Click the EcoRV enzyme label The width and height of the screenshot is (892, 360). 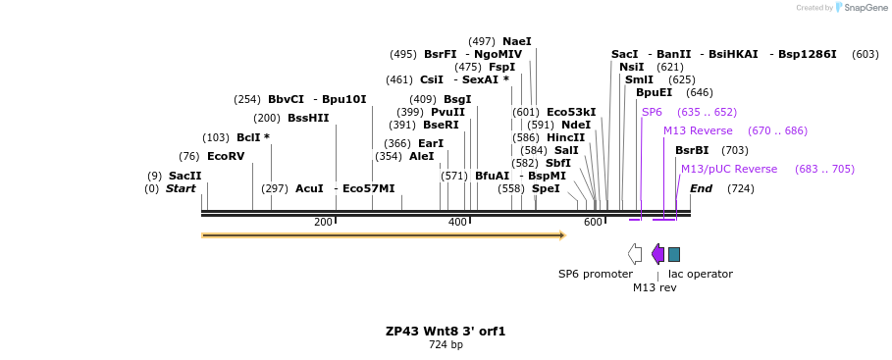click(x=225, y=156)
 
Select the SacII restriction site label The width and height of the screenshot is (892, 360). click(x=184, y=176)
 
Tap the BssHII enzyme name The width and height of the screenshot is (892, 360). click(x=308, y=118)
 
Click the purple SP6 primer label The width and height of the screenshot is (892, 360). click(x=652, y=112)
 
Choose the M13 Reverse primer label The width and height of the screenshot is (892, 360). click(x=698, y=130)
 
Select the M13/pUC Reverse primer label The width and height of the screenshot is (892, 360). click(x=728, y=169)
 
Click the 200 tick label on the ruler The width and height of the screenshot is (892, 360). click(x=323, y=223)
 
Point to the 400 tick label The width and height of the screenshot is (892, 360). click(x=457, y=223)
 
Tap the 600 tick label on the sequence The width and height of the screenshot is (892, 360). click(x=592, y=223)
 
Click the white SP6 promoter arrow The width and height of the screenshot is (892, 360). click(x=635, y=254)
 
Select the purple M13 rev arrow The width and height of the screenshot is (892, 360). click(x=657, y=254)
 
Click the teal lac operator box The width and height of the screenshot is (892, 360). click(x=674, y=254)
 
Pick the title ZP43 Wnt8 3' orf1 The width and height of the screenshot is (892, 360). click(x=446, y=332)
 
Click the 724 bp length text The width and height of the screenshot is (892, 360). click(x=446, y=345)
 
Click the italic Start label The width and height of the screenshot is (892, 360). click(x=181, y=188)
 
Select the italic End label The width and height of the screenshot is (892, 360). click(x=701, y=188)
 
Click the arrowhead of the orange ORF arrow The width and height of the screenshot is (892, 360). click(x=562, y=235)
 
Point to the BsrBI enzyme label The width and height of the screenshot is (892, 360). click(x=692, y=150)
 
